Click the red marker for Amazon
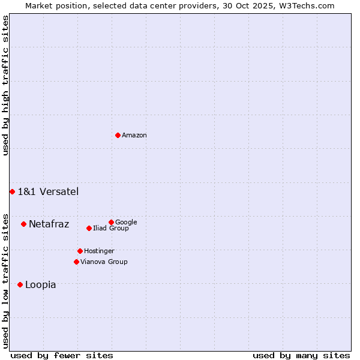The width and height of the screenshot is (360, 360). point(118,135)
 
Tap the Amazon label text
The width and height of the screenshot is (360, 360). point(134,136)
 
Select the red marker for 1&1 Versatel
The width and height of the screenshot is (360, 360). point(12,191)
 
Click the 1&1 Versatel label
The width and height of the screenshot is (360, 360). point(48,192)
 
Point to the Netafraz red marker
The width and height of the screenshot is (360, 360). point(23,224)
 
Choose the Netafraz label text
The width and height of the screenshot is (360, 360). point(49,224)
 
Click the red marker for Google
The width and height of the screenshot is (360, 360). point(111,222)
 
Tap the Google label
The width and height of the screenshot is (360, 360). point(126,223)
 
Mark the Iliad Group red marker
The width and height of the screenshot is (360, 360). point(89,228)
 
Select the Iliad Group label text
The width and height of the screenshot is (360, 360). point(111,229)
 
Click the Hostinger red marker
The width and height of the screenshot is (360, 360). point(80,251)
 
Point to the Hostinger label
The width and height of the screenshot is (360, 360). point(99,251)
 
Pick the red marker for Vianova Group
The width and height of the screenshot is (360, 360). point(76,262)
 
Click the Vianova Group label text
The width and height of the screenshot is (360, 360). point(104,262)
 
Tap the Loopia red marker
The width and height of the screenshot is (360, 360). point(20,284)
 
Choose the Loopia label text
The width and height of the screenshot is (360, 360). point(41,285)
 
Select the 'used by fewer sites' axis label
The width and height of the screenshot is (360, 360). point(62,355)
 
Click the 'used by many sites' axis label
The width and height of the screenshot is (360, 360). point(301,355)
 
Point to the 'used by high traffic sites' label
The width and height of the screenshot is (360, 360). point(5,85)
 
